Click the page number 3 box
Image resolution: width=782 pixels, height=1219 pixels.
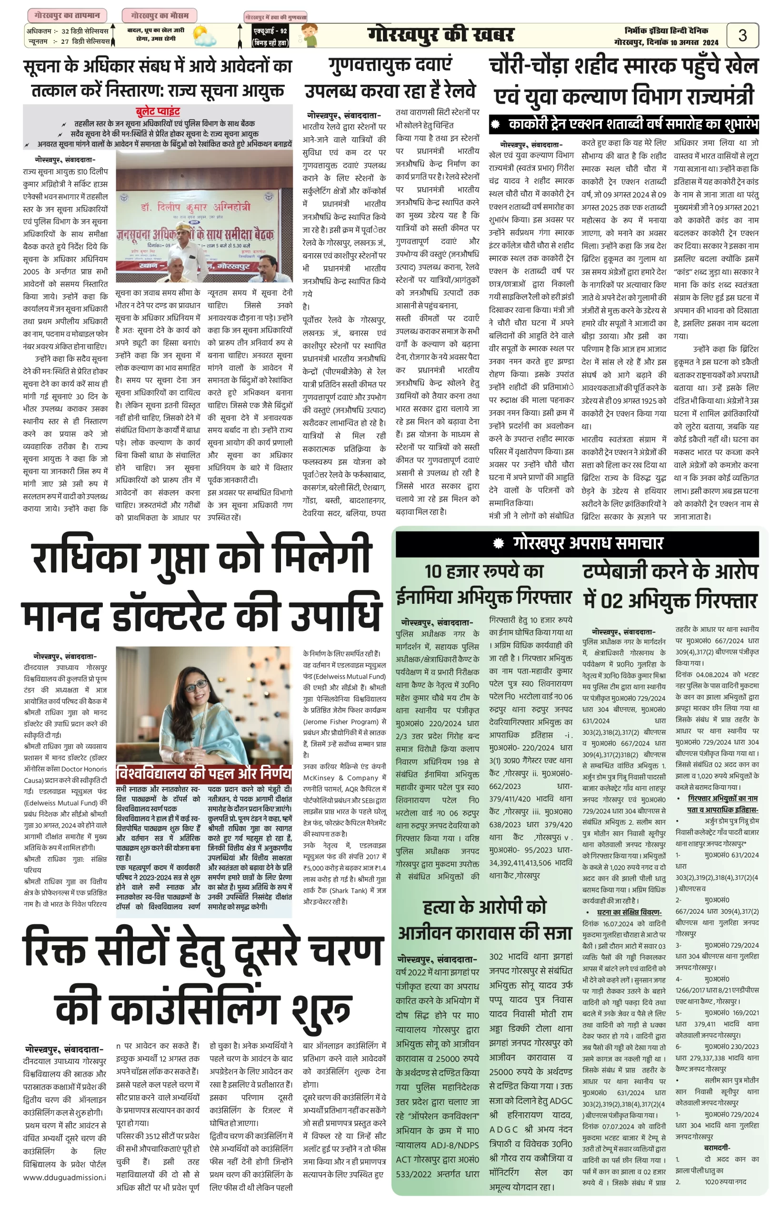tap(742, 36)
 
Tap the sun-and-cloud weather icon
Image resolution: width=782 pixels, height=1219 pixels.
tap(204, 36)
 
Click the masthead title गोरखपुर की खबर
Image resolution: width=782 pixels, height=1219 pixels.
tap(441, 35)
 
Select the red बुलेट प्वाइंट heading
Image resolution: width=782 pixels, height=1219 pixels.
tap(158, 111)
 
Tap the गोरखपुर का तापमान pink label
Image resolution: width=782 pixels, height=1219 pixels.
tap(67, 15)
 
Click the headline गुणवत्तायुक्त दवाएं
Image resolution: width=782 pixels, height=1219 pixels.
tap(390, 64)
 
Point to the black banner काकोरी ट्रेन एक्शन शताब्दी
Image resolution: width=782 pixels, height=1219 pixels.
tap(624, 124)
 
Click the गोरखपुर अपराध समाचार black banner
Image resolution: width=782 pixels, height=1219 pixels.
tap(577, 543)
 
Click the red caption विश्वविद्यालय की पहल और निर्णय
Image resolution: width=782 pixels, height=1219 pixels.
tap(204, 773)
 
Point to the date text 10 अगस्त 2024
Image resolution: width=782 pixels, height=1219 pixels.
tap(693, 43)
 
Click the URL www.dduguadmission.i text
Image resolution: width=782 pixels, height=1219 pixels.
tap(64, 1177)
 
